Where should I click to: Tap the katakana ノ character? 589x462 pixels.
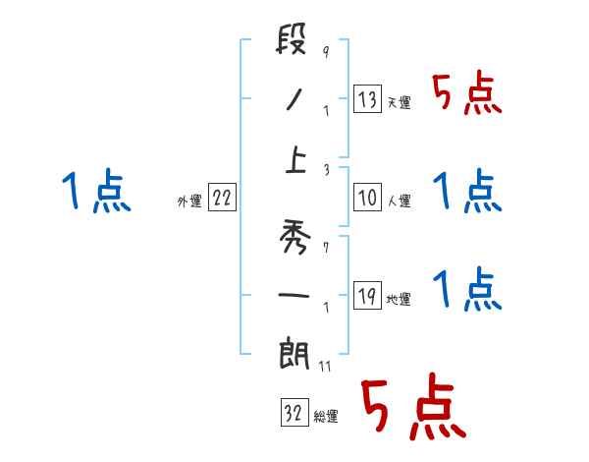[294, 100]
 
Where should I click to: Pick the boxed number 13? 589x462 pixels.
[367, 99]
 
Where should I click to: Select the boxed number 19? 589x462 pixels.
[367, 296]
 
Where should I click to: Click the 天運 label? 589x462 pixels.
[399, 102]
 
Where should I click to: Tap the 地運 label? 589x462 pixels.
[399, 299]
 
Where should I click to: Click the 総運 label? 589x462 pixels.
[326, 417]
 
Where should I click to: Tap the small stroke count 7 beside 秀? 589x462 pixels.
[325, 242]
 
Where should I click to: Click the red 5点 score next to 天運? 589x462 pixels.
[467, 95]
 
